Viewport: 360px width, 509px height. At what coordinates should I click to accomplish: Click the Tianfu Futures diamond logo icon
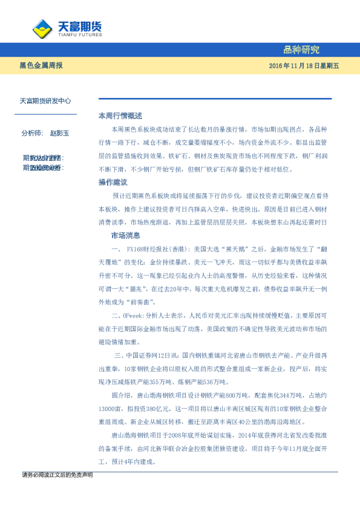[x=42, y=28]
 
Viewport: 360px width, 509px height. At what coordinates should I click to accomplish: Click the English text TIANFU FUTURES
[x=79, y=34]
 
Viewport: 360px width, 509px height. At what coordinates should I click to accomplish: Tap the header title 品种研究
[x=301, y=50]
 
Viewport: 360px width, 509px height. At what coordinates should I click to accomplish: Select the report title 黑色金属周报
[x=41, y=65]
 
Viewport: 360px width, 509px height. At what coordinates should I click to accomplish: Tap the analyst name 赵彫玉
[x=60, y=132]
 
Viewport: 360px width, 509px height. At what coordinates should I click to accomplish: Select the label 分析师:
[x=32, y=132]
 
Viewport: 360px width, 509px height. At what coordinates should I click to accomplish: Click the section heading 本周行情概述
[x=120, y=115]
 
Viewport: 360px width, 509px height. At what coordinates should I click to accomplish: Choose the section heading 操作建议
[x=113, y=182]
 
